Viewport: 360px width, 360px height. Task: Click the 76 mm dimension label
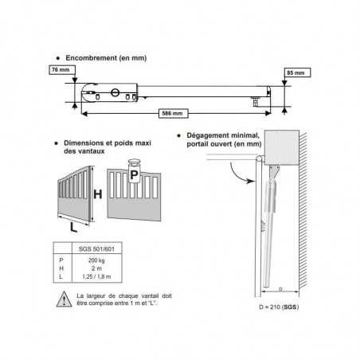click(x=62, y=70)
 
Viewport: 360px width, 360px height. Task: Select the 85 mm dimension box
click(x=297, y=72)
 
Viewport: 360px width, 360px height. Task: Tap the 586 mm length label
click(x=173, y=113)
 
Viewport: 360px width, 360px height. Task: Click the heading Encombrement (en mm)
click(x=106, y=58)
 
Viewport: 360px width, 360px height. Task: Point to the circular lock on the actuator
click(x=115, y=92)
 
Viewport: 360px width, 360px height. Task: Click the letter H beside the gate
click(x=98, y=194)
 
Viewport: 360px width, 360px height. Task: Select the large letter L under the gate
click(x=73, y=228)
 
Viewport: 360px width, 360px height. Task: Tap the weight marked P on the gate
click(x=134, y=175)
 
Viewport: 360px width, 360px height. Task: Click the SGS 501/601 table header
click(x=96, y=249)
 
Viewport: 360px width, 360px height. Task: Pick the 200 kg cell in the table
click(x=96, y=260)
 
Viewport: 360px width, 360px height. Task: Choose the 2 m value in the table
click(x=96, y=268)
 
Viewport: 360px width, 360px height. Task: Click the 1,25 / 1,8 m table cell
click(x=96, y=276)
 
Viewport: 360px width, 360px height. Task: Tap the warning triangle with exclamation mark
click(x=64, y=299)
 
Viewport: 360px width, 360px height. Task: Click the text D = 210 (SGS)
click(x=279, y=307)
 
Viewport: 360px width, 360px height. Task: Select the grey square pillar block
click(x=282, y=147)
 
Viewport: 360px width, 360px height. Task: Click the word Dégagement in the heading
click(x=208, y=135)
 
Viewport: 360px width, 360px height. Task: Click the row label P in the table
click(x=61, y=260)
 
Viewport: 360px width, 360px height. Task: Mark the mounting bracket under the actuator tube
click(x=255, y=102)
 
